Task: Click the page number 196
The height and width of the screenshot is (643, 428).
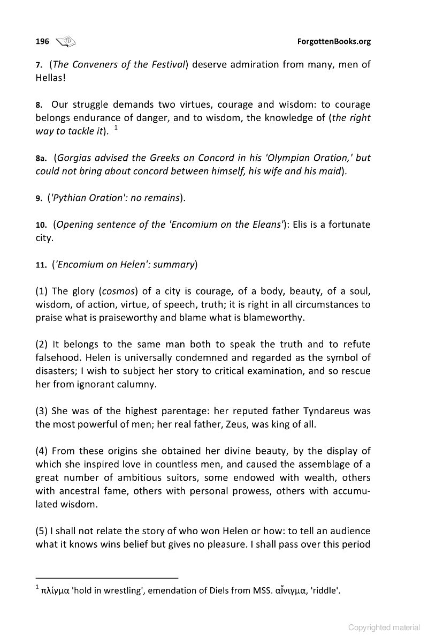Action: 42,41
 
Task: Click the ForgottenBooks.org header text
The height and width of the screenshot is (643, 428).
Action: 334,41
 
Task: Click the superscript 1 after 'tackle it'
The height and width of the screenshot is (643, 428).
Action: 116,128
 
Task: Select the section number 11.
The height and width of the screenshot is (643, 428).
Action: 41,264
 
